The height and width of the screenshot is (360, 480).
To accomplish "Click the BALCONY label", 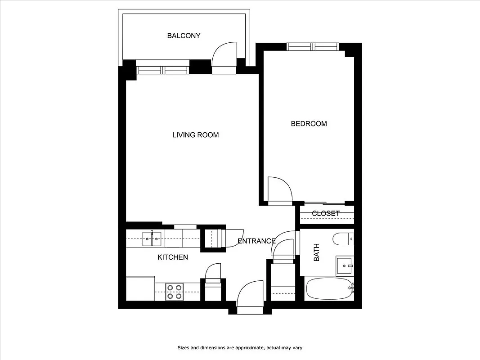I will click(184, 36).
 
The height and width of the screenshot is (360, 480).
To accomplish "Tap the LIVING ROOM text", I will click(195, 135).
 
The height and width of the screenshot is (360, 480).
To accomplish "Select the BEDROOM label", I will click(309, 124).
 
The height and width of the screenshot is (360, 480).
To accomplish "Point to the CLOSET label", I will click(325, 213).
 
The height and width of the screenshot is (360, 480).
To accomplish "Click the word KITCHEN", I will click(172, 257).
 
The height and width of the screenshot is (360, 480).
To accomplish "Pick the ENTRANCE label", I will click(256, 241).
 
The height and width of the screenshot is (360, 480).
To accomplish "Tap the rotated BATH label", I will click(316, 252).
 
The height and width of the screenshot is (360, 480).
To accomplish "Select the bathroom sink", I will click(345, 266).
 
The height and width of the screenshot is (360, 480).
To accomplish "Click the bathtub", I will click(329, 289).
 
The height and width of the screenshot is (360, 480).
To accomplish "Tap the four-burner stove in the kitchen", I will click(175, 292).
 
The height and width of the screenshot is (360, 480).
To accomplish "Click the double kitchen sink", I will click(152, 239).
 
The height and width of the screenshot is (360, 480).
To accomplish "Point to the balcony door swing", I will click(224, 54).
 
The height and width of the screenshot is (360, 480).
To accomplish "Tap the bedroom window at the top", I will click(313, 46).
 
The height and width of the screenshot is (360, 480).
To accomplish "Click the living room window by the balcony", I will click(163, 70).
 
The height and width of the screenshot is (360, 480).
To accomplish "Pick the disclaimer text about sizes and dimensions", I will click(242, 347).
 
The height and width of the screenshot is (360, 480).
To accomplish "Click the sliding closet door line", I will click(325, 203).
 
